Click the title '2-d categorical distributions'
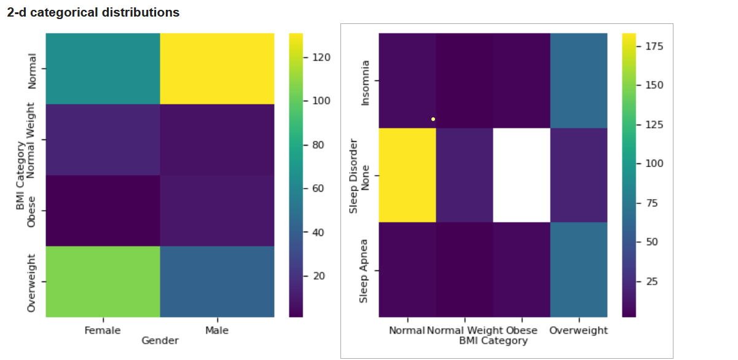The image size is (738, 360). [x=93, y=12]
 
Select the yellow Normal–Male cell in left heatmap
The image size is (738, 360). [x=217, y=69]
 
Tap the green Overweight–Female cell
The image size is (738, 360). [x=103, y=281]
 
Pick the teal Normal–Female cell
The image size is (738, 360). [x=103, y=69]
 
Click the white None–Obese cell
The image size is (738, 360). [x=521, y=175]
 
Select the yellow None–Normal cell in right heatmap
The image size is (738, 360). [x=407, y=175]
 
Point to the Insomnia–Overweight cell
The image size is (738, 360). [x=578, y=80]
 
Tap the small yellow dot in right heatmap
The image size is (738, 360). [x=433, y=119]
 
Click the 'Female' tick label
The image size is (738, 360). [x=103, y=331]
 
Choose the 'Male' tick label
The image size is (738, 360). [x=217, y=331]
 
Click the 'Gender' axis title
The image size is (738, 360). [x=160, y=340]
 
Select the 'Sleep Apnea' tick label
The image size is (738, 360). [x=364, y=270]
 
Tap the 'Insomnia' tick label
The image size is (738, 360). [x=366, y=82]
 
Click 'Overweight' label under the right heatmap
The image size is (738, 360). [x=578, y=331]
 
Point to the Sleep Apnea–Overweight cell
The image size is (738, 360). [x=578, y=270]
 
